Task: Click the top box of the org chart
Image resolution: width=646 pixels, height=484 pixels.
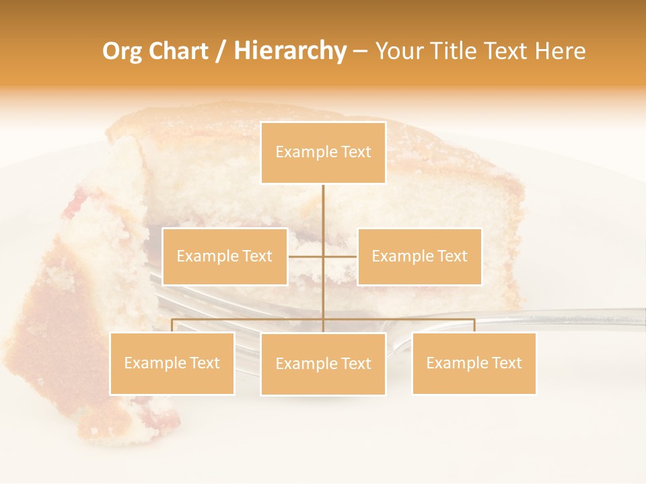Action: (x=323, y=153)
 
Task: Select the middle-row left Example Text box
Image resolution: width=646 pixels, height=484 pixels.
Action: (x=225, y=256)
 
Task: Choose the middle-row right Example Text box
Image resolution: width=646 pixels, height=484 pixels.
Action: (x=419, y=256)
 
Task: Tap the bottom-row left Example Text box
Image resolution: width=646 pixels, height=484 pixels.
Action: (x=172, y=363)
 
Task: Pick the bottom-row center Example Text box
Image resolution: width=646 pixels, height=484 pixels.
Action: (x=323, y=364)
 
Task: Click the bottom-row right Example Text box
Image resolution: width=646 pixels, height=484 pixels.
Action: (x=474, y=363)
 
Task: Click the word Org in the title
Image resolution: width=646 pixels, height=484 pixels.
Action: (x=122, y=51)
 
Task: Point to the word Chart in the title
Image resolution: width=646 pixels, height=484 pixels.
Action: (x=178, y=51)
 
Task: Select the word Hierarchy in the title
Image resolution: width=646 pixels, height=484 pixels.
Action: (x=290, y=51)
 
